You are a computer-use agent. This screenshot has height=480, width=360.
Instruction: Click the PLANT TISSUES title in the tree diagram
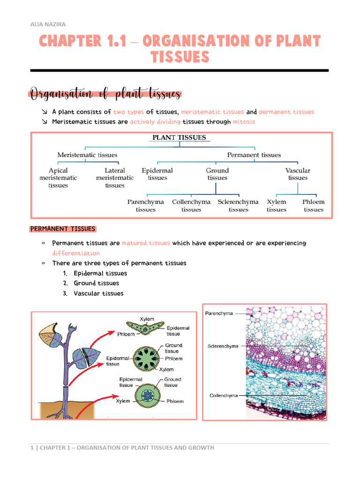click(x=178, y=137)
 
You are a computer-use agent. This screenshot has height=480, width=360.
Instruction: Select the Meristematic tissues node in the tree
click(x=87, y=155)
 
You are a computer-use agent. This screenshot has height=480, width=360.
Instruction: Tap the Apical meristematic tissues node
click(x=58, y=178)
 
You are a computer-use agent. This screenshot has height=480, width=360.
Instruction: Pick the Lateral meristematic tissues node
click(x=115, y=178)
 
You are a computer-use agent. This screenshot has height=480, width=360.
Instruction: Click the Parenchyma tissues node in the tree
click(x=146, y=205)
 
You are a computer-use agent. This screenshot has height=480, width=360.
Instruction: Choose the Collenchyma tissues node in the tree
click(x=191, y=205)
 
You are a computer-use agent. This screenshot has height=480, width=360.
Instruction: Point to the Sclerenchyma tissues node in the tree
click(x=238, y=205)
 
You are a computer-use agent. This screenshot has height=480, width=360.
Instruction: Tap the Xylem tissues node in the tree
click(x=277, y=205)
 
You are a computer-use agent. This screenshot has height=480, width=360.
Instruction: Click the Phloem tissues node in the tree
click(x=313, y=205)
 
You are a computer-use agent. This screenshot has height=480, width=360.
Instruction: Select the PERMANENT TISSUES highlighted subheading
click(x=63, y=229)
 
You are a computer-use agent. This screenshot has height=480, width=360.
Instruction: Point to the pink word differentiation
click(x=76, y=253)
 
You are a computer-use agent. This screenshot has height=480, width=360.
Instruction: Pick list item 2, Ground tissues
click(x=96, y=283)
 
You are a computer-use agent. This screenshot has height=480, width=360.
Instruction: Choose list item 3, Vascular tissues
click(x=98, y=293)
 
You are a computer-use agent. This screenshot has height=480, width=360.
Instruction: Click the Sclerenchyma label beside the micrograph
click(x=223, y=346)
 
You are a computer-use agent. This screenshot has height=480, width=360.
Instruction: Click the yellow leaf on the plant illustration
click(x=49, y=334)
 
